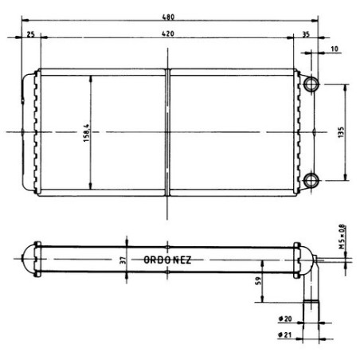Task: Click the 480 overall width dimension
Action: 168,17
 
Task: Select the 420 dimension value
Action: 168,33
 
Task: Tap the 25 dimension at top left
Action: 30,34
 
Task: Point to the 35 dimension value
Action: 306,34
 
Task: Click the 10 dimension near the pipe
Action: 335,49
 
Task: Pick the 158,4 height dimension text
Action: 87,133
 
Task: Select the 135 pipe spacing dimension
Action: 341,132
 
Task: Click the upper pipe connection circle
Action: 311,84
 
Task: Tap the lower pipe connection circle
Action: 311,180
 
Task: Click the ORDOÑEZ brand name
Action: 167,260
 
